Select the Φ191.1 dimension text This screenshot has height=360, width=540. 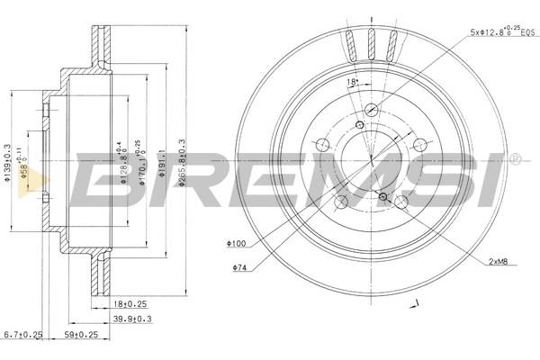tap(162, 162)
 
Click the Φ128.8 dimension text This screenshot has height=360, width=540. tap(123, 162)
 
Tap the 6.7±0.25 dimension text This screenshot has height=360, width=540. tap(22, 336)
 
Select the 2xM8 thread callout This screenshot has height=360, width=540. tap(503, 262)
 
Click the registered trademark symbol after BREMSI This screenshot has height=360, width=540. tap(515, 159)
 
